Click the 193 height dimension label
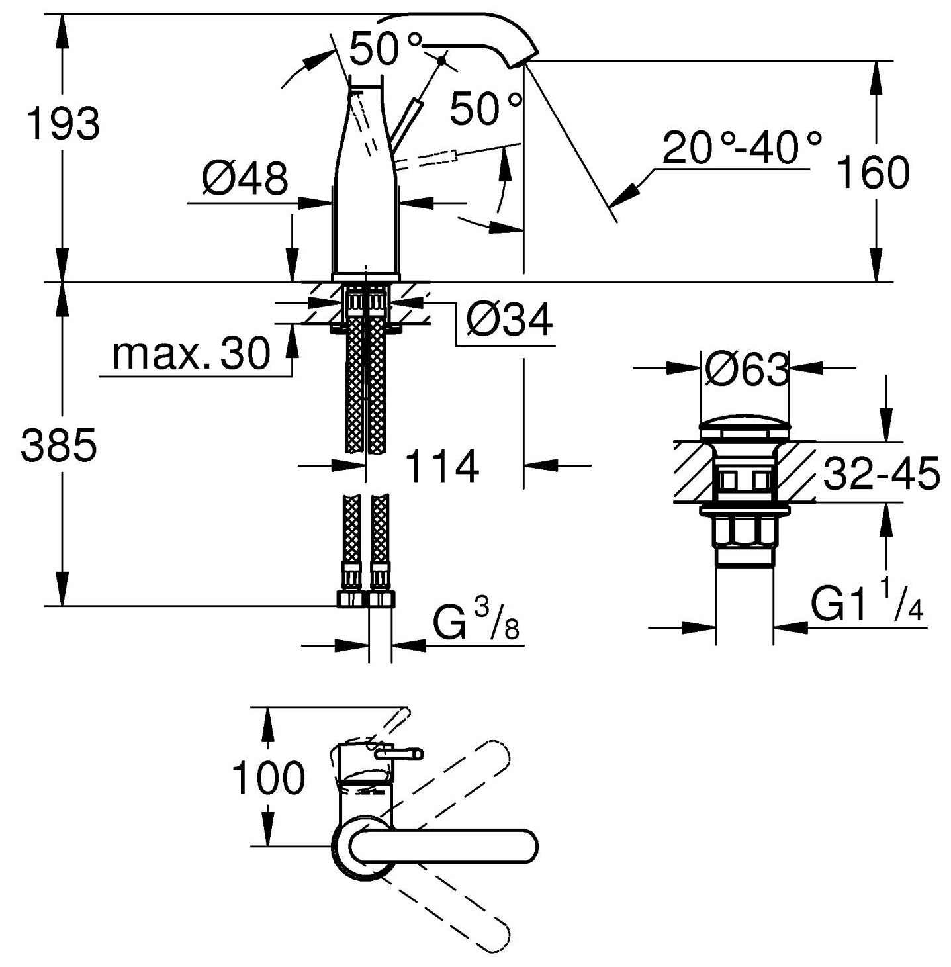(x=63, y=123)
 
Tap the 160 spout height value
(x=873, y=172)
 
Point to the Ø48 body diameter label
(x=245, y=178)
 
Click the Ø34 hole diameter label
(x=509, y=320)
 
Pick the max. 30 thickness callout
(x=192, y=354)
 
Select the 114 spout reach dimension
(x=441, y=466)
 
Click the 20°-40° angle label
(x=742, y=148)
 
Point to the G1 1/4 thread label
(x=868, y=603)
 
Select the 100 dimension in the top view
(x=268, y=778)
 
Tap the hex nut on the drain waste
(x=744, y=531)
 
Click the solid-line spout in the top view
(x=443, y=846)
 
